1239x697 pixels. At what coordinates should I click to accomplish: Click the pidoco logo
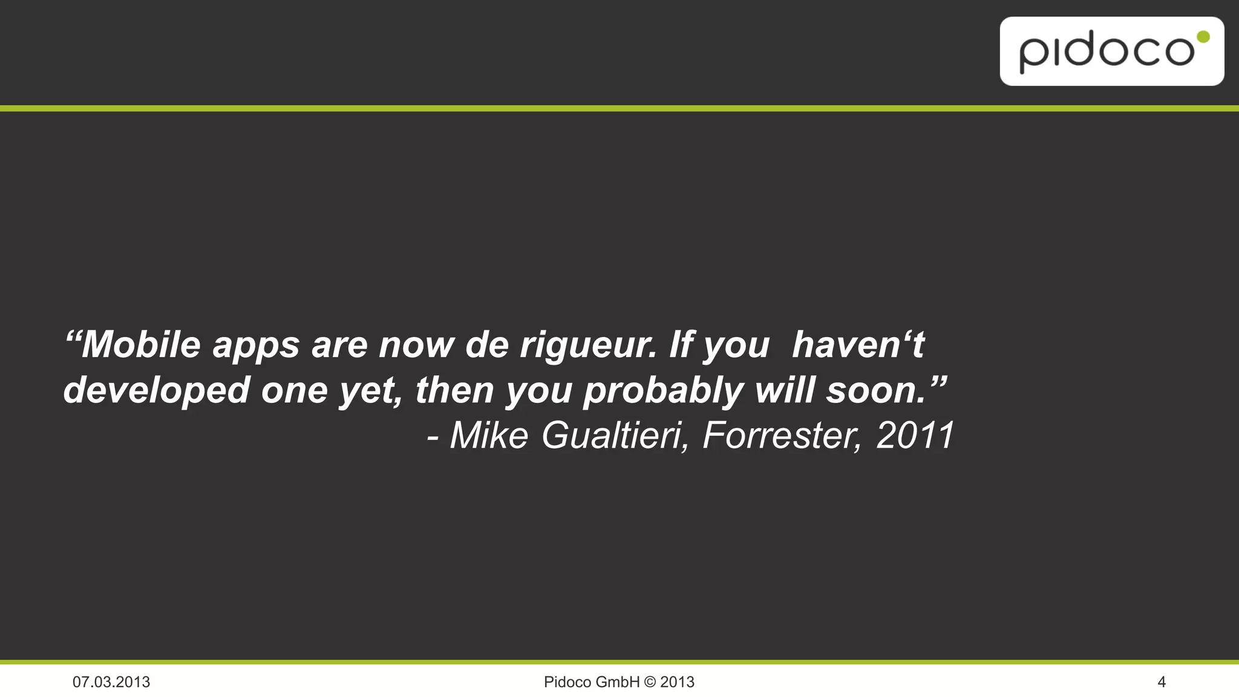(1111, 51)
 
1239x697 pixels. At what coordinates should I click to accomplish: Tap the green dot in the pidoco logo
(1203, 38)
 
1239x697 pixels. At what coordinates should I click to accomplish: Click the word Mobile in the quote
(140, 344)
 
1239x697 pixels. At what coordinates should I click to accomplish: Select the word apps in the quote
(256, 345)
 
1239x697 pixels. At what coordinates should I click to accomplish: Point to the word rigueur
(587, 345)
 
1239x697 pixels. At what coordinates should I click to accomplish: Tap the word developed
(156, 390)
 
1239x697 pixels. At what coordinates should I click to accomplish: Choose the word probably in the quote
(663, 390)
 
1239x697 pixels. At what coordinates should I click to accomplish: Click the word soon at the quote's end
(877, 390)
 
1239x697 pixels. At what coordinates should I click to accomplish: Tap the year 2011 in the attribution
(915, 435)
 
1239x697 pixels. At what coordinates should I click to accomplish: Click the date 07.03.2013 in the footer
(111, 682)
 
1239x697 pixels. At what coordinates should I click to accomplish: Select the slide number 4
(1161, 682)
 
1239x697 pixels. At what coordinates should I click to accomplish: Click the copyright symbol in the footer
(650, 682)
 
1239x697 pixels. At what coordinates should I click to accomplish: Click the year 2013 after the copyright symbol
(677, 682)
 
